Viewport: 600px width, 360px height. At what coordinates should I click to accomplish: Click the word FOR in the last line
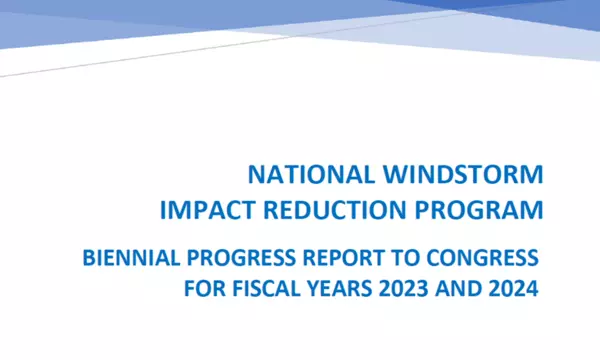pyautogui.click(x=203, y=290)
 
